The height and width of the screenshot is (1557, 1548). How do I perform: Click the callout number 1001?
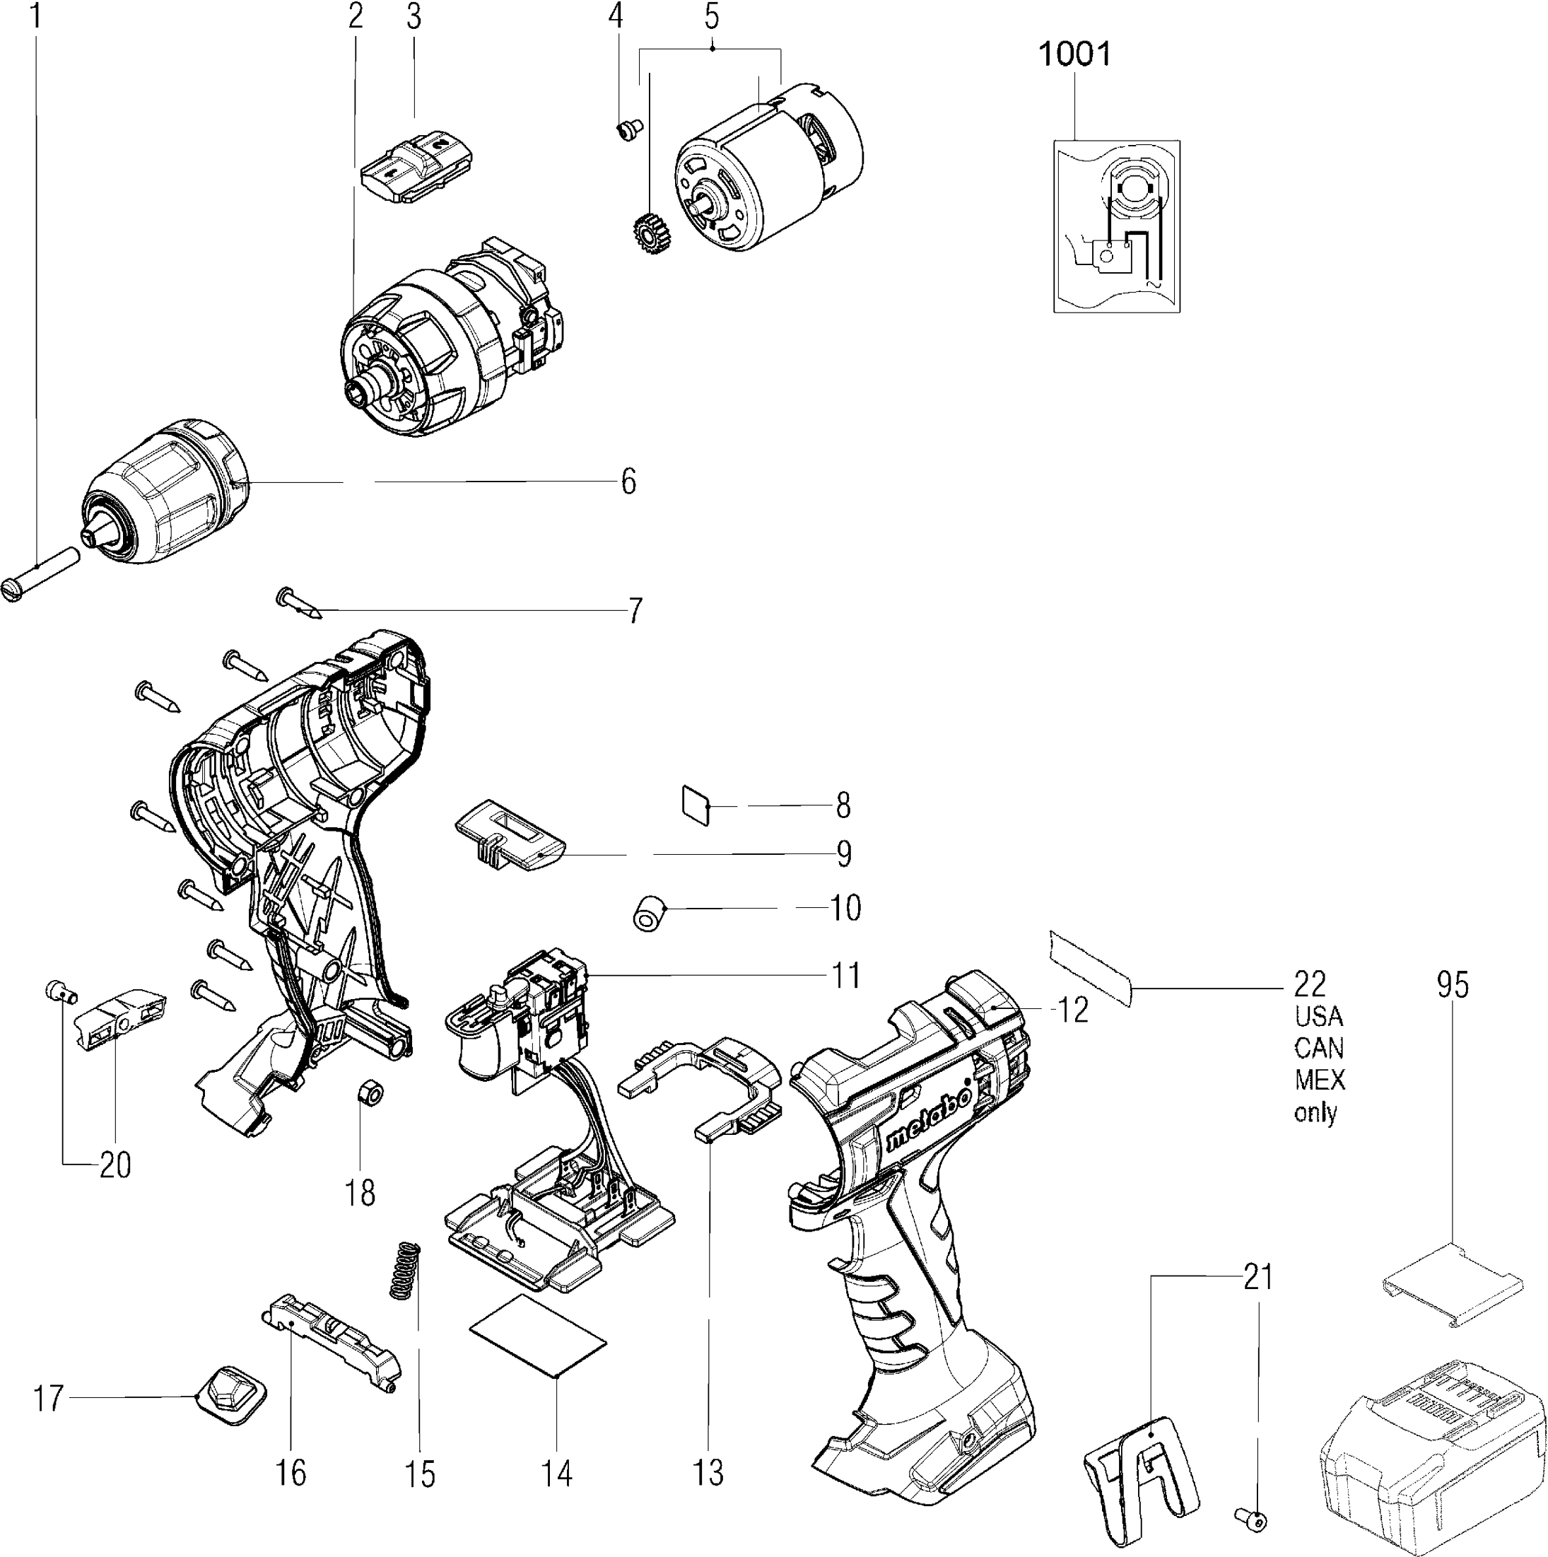(1075, 55)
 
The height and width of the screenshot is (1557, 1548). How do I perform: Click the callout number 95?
(1452, 986)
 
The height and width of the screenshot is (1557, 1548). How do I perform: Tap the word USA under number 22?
(1319, 1016)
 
